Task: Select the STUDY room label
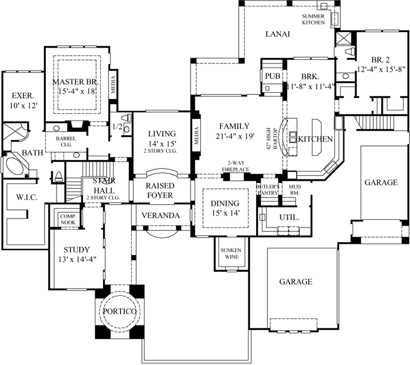[x=76, y=249]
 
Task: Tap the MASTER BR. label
[x=76, y=83]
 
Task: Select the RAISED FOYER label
[x=160, y=190]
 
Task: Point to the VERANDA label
[x=161, y=216]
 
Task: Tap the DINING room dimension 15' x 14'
[x=226, y=213]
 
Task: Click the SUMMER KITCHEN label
[x=313, y=20]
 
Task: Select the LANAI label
[x=277, y=34]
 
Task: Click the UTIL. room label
[x=289, y=217]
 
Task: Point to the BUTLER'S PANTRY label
[x=268, y=190]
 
